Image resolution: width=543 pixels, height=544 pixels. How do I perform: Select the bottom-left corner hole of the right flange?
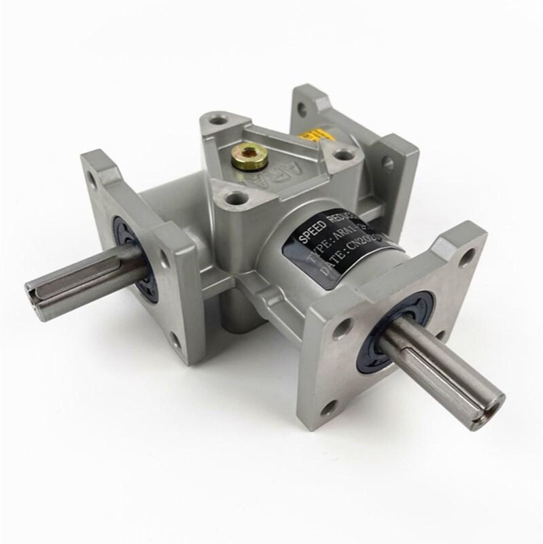pos(330,408)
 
